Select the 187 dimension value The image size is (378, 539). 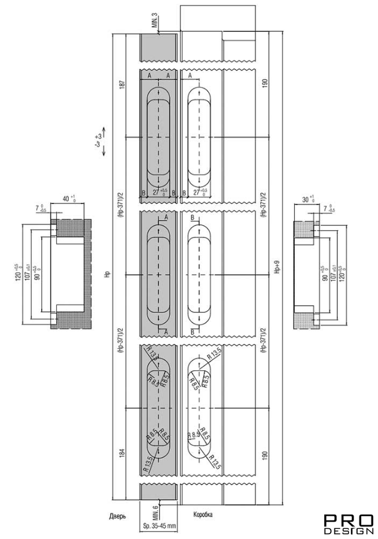pyautogui.click(x=121, y=84)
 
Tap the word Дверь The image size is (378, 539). pyautogui.click(x=117, y=516)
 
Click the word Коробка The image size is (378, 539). pyautogui.click(x=203, y=514)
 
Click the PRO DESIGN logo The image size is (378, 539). pyautogui.click(x=349, y=523)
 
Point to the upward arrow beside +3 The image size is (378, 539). pyautogui.click(x=104, y=130)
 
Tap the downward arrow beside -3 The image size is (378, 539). pyautogui.click(x=104, y=150)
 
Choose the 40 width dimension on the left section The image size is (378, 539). pyautogui.click(x=68, y=200)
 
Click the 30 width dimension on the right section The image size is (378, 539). pyautogui.click(x=309, y=200)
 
